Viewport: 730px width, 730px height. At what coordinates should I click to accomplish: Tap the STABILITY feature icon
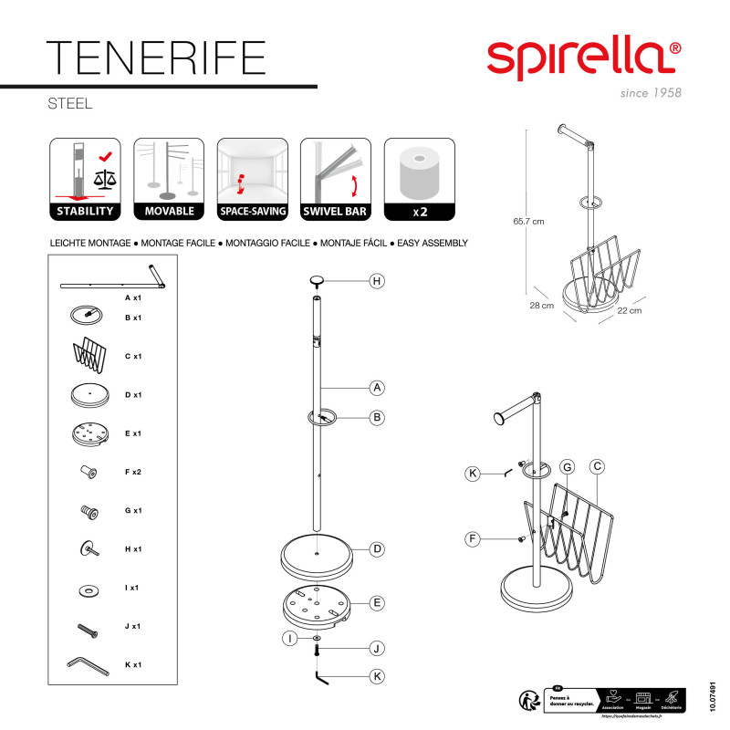85,181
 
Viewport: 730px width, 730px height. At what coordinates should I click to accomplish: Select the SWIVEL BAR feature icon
336,181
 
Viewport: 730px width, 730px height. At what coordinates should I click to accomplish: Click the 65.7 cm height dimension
527,221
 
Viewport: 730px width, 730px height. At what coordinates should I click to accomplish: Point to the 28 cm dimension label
542,306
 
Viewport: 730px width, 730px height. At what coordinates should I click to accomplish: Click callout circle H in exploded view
376,282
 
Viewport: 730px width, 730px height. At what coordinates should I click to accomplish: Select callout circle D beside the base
376,549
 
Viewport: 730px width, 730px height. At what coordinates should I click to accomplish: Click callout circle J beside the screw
376,648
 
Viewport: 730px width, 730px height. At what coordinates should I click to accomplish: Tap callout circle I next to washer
288,639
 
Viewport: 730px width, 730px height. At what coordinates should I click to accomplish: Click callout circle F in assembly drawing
473,539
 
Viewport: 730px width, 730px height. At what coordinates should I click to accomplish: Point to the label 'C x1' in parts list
132,356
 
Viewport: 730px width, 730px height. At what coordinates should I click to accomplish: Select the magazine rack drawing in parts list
89,350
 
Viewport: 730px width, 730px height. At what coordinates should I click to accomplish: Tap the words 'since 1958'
650,93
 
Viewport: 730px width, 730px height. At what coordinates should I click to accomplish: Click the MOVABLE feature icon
169,181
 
